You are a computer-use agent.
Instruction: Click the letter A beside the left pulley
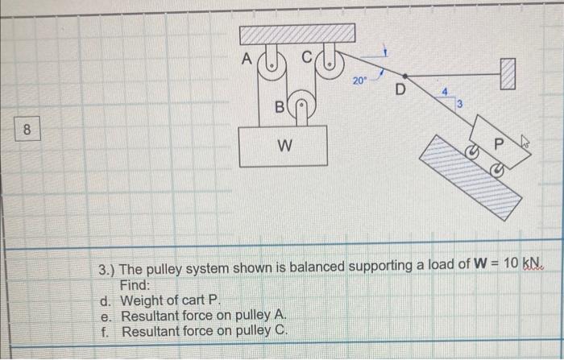(x=248, y=57)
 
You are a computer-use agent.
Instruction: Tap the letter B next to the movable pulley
(x=280, y=105)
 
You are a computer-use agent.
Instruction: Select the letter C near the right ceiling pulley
(x=305, y=57)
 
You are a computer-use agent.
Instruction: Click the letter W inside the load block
(x=284, y=147)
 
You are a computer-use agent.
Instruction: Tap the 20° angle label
(x=359, y=81)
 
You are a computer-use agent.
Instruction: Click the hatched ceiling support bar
(x=297, y=33)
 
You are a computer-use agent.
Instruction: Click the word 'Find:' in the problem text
(x=135, y=283)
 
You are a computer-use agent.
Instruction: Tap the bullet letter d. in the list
(x=106, y=301)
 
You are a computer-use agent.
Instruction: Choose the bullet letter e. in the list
(x=106, y=317)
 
